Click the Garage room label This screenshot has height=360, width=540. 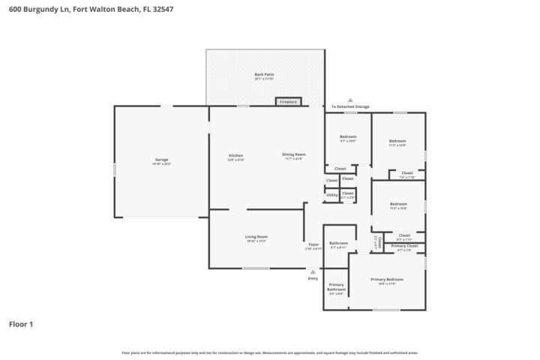tap(161, 159)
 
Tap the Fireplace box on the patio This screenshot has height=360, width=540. tap(288, 101)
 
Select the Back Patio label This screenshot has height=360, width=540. tap(264, 75)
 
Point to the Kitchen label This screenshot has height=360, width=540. tap(235, 155)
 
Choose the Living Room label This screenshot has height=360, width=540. tap(256, 237)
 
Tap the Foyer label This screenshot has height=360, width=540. tap(313, 244)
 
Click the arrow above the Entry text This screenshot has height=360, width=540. tap(313, 271)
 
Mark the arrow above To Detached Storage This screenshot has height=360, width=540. tap(349, 100)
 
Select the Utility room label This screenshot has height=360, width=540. tap(331, 195)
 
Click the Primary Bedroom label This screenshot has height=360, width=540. tap(386, 280)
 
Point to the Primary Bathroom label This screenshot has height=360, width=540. tap(336, 286)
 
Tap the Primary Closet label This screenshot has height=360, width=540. tap(403, 246)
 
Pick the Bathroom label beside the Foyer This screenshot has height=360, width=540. tap(338, 243)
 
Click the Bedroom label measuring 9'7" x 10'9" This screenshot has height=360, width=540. tap(348, 136)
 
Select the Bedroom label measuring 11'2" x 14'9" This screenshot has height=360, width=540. tap(397, 141)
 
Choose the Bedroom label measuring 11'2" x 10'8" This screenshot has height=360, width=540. tap(397, 204)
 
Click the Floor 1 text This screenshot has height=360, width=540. tap(21, 325)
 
